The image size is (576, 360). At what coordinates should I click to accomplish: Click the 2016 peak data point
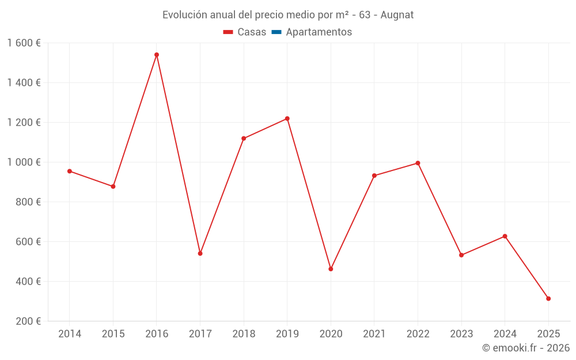click(157, 55)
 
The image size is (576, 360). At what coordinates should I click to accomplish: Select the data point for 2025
click(548, 298)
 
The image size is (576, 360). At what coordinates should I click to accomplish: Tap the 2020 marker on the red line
click(331, 269)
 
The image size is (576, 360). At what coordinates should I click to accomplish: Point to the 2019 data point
click(287, 119)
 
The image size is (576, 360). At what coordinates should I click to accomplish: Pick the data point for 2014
click(70, 171)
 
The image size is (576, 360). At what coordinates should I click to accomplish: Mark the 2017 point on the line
click(200, 253)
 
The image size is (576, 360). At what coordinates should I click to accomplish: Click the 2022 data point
click(418, 163)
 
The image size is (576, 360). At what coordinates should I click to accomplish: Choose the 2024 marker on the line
click(505, 236)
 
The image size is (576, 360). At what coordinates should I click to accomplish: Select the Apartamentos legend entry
click(319, 32)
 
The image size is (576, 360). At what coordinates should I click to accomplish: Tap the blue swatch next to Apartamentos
click(276, 32)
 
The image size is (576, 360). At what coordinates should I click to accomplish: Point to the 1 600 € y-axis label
click(24, 43)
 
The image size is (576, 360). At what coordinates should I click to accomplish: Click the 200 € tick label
click(28, 321)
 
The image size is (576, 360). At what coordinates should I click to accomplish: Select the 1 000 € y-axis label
click(24, 162)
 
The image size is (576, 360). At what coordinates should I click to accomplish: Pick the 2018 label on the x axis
click(244, 334)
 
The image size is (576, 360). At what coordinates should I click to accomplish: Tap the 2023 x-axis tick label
click(461, 334)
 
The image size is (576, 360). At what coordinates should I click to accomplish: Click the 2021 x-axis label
click(374, 334)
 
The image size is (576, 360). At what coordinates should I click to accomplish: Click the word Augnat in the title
click(397, 14)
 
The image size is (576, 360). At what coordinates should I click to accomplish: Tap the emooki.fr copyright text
click(526, 348)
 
